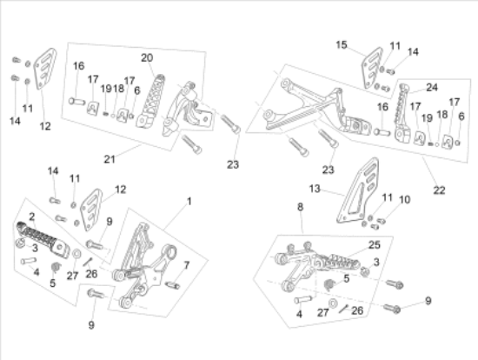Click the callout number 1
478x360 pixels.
pos(189,202)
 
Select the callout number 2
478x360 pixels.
pos(32,217)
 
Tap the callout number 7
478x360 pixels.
pos(187,265)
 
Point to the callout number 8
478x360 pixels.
pos(301,207)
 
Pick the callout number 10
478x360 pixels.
pos(404,200)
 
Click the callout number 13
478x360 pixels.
pos(315,189)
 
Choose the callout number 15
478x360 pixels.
pos(342,45)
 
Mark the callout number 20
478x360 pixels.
pos(147,57)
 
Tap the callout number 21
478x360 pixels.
pos(110,159)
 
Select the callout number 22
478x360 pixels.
pos(439,190)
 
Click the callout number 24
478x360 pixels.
pos(432,88)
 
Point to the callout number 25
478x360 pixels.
pos(375,244)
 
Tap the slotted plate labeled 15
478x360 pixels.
pos(372,68)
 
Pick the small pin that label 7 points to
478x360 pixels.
pos(173,285)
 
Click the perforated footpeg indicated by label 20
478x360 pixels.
pos(150,102)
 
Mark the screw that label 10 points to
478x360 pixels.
pos(382,221)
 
